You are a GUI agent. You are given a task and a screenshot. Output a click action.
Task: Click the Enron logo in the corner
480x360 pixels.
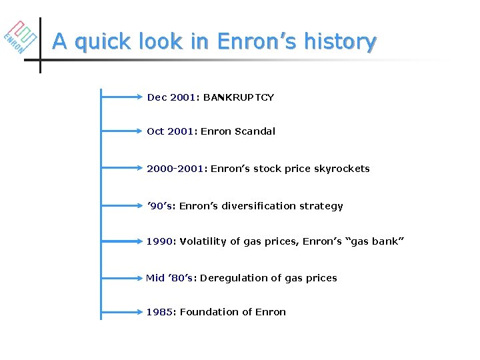[20, 37]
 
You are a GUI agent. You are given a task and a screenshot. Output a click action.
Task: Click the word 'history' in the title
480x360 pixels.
[340, 41]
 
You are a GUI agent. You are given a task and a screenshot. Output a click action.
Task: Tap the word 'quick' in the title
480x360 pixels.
[101, 42]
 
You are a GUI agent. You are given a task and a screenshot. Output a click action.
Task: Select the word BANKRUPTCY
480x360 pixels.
[239, 97]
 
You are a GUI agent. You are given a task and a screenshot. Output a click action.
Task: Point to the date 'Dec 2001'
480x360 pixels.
[171, 97]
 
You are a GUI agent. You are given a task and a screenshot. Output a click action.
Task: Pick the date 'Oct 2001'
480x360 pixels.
[170, 131]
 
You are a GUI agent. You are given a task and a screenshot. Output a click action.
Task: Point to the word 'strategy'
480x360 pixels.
[322, 206]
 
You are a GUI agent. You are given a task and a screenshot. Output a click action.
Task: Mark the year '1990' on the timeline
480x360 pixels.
[159, 241]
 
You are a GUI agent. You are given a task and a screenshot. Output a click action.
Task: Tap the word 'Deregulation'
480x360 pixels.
[231, 278]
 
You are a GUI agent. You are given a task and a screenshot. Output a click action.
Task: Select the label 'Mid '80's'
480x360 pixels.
[169, 278]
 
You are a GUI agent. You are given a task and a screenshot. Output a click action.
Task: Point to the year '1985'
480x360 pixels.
[159, 312]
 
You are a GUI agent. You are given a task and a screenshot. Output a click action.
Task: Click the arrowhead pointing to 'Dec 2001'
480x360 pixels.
[140, 97]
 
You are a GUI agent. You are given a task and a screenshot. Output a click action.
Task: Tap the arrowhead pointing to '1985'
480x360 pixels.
[140, 312]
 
